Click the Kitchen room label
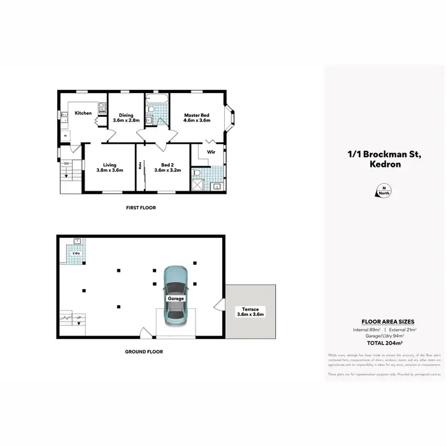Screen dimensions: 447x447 tap(83, 113)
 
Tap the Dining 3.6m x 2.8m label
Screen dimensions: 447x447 tap(126, 118)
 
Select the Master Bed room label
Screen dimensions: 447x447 tap(197, 118)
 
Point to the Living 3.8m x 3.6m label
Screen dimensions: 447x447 tap(110, 167)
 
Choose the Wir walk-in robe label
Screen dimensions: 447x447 tap(210, 152)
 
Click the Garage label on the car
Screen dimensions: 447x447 tap(176, 298)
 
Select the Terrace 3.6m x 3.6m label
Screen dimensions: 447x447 tap(250, 311)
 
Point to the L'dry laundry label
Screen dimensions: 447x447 tap(76, 254)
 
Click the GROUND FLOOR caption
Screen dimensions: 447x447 tap(144, 352)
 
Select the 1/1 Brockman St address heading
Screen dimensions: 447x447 tap(384, 155)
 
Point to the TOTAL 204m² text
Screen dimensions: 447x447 tap(384, 343)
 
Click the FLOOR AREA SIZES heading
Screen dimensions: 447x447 tap(384, 321)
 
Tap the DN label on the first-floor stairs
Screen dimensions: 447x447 tap(67, 163)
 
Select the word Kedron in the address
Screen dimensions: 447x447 tap(384, 164)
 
